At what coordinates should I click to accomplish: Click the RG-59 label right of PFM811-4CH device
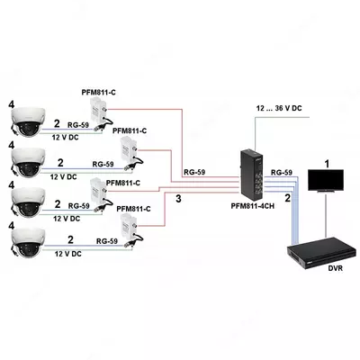[x=283, y=171]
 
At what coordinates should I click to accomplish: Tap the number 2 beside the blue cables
[x=288, y=195]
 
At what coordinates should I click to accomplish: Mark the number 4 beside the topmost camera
[x=12, y=104]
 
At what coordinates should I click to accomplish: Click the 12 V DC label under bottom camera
[x=67, y=255]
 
